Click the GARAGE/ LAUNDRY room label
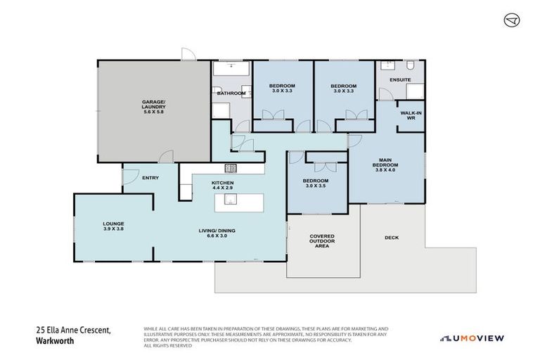point(153,105)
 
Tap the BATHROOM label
point(231,93)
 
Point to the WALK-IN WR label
point(411,115)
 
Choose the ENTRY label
point(150,178)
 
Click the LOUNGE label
point(113,224)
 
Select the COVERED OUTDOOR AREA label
point(323,240)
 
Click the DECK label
point(392,238)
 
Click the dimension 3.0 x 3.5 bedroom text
point(316,186)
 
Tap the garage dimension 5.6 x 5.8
point(153,112)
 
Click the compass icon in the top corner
point(512,20)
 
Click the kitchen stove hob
point(230,168)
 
